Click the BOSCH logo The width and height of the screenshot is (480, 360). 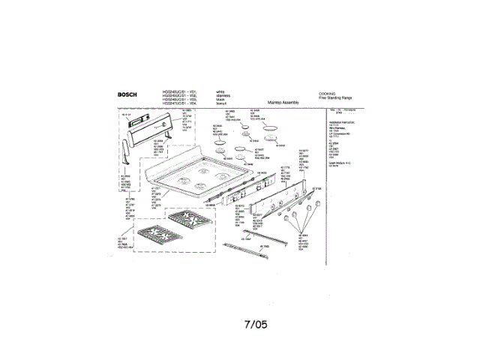click(127, 94)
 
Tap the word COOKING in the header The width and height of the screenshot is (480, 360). click(328, 91)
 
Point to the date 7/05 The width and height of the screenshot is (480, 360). click(256, 325)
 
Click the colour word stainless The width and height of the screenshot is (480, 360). click(223, 94)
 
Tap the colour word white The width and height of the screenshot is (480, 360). click(220, 91)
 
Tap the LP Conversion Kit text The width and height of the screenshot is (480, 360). click(341, 132)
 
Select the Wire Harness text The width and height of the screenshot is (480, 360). click(339, 126)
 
